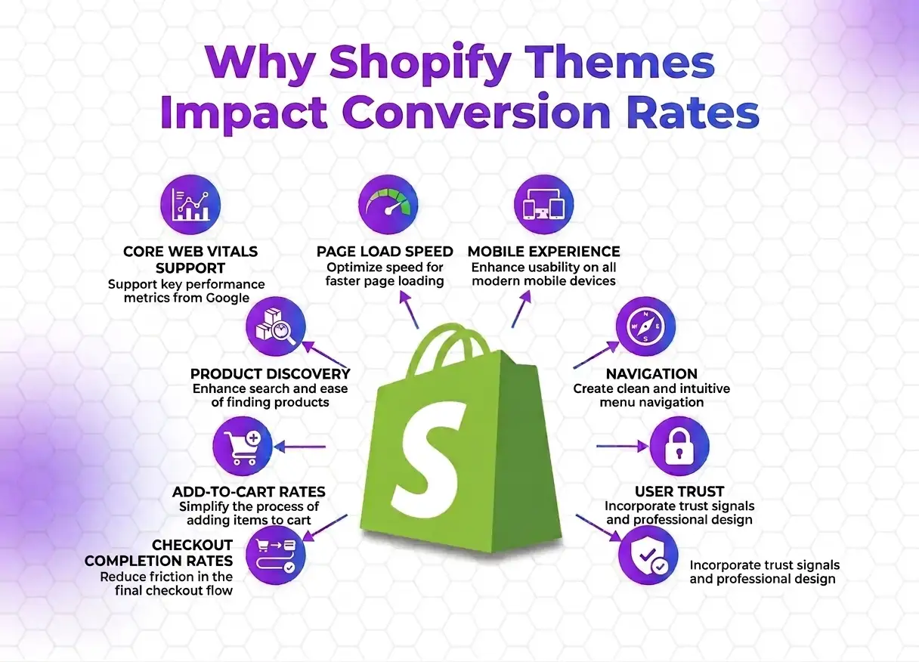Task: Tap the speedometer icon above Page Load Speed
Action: point(388,205)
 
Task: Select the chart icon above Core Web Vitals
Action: point(190,205)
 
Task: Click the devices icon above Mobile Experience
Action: point(543,205)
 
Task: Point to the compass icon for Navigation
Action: point(645,326)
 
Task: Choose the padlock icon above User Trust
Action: point(680,446)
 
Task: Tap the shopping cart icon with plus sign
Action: point(243,447)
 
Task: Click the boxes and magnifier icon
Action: point(276,326)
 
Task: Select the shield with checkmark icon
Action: point(648,555)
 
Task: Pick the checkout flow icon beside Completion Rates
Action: point(276,555)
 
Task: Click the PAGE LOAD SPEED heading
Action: point(385,252)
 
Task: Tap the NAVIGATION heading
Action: point(651,374)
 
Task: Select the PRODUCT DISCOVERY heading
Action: point(271,374)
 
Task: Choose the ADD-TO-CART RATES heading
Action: point(249,492)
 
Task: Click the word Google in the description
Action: point(227,299)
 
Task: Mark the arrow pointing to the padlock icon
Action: point(623,447)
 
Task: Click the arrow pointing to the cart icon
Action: point(300,447)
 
